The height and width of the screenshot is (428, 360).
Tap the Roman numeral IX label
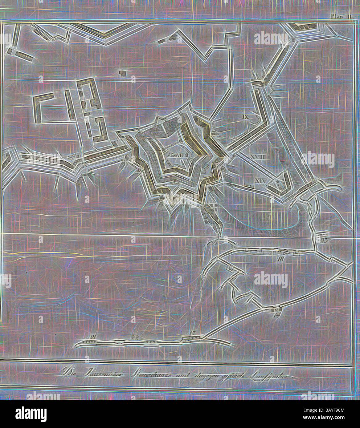[246, 117]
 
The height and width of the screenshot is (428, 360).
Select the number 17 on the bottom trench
[193, 333]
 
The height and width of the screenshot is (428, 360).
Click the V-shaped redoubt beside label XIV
[278, 185]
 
